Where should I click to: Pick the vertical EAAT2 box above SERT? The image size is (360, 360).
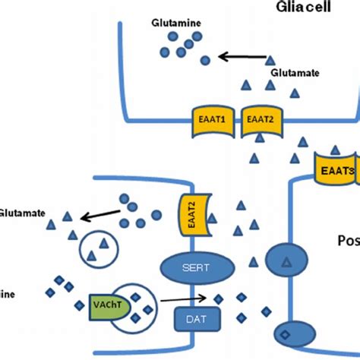pos(191,213)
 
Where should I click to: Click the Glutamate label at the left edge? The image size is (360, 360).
pos(21,213)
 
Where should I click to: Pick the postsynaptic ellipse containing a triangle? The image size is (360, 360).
pos(285,282)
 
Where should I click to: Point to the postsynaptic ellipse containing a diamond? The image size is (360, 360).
pos(285,335)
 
